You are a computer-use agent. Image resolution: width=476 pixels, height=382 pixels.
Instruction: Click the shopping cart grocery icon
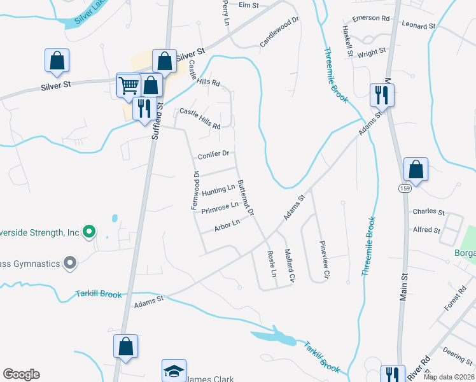click(x=129, y=85)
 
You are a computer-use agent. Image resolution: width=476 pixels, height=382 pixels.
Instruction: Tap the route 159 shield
click(x=404, y=188)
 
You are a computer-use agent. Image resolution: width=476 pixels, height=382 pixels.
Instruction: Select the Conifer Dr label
click(x=213, y=155)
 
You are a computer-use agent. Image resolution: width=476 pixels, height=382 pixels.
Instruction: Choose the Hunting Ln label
click(x=218, y=190)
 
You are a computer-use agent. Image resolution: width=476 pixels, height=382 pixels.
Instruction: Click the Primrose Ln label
click(x=220, y=208)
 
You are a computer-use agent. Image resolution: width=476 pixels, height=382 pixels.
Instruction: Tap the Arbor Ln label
click(x=227, y=224)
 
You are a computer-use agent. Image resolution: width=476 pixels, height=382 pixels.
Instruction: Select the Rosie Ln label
click(x=273, y=262)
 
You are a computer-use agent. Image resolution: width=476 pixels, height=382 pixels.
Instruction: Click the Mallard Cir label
click(x=290, y=265)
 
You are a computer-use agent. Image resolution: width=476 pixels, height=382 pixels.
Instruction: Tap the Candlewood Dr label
click(x=279, y=32)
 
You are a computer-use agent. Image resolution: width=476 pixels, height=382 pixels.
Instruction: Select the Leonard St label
click(x=419, y=26)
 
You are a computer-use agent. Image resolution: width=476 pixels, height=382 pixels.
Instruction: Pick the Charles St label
click(x=424, y=211)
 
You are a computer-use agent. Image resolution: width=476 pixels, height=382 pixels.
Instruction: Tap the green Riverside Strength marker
click(x=90, y=232)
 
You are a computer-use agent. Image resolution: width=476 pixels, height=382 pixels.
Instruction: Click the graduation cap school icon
click(x=174, y=371)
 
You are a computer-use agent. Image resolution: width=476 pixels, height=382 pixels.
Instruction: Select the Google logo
click(x=21, y=374)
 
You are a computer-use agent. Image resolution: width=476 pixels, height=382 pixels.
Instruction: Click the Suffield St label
click(x=157, y=123)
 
